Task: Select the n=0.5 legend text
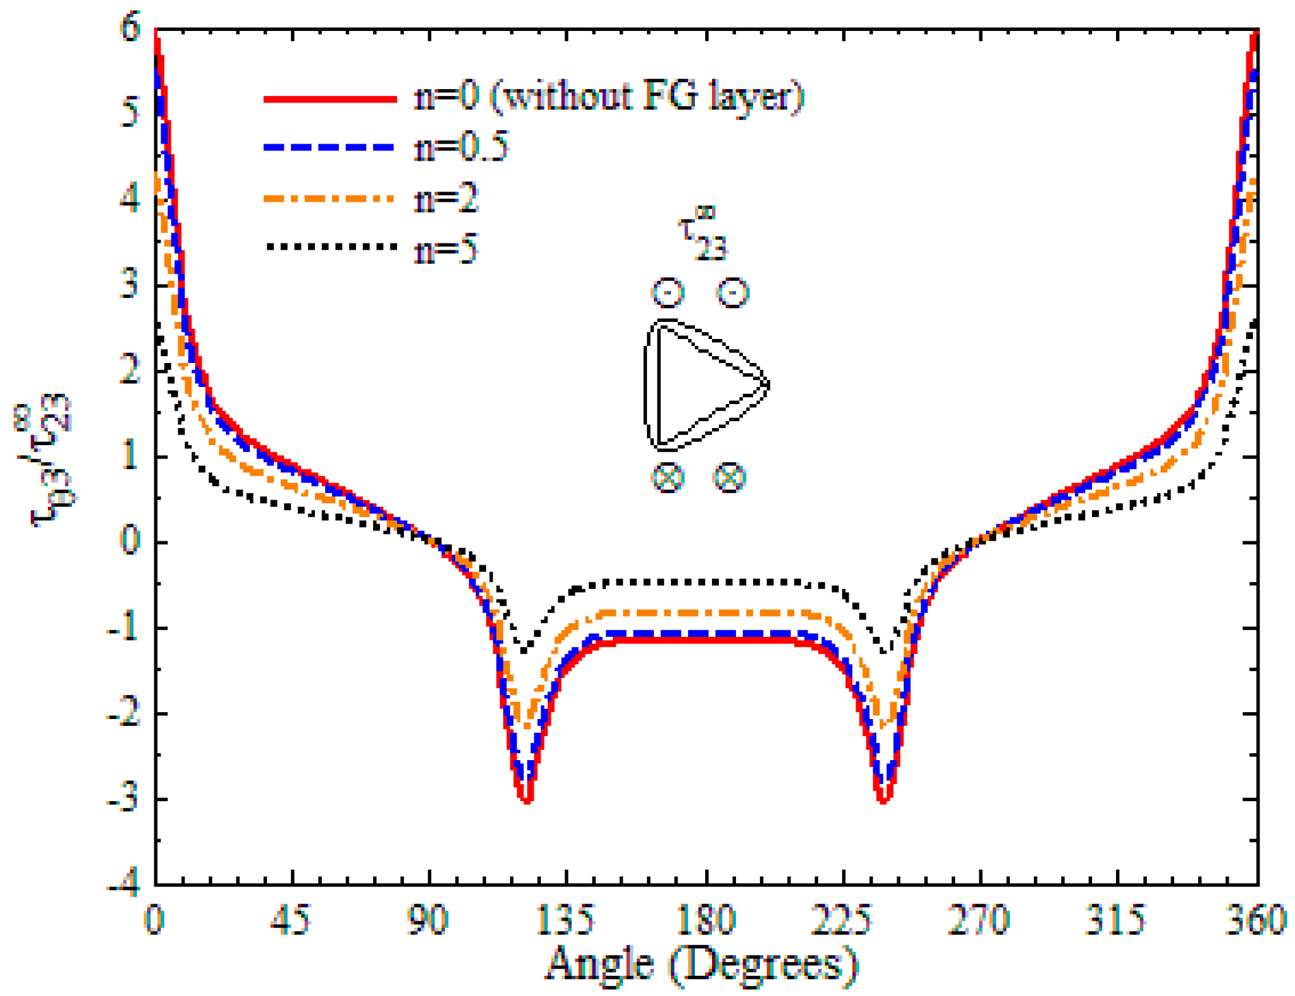pos(461,147)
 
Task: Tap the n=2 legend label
pos(446,199)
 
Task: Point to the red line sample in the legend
pos(329,99)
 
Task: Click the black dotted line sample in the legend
pos(329,247)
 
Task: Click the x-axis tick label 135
pos(565,919)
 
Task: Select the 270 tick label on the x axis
pos(978,919)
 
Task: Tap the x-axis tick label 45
pos(291,919)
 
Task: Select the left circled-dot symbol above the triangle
pos(668,292)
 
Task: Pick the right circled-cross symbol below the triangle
pos(730,477)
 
